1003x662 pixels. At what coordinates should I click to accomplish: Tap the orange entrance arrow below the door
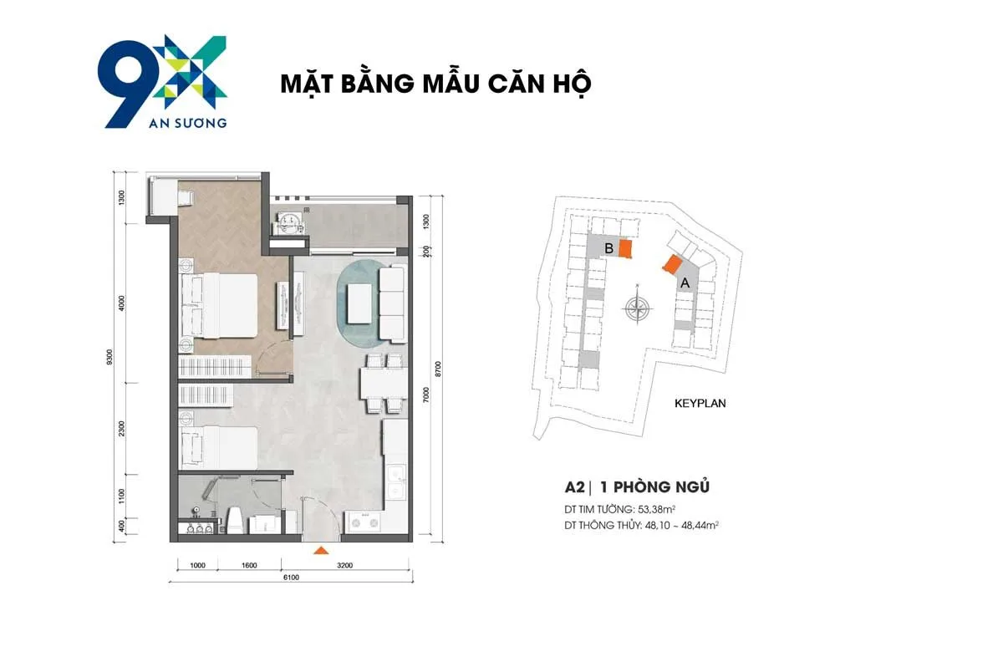click(319, 550)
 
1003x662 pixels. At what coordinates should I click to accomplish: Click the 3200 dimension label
click(345, 565)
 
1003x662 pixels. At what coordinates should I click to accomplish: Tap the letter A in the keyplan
click(685, 283)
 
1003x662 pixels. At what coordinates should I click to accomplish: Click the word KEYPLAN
click(700, 403)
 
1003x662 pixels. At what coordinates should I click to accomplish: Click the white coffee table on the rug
click(360, 303)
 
